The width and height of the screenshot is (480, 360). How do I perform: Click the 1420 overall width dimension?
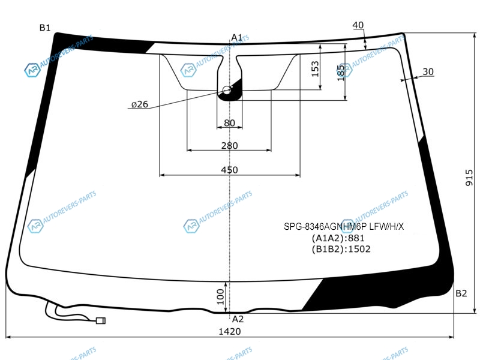click(230, 332)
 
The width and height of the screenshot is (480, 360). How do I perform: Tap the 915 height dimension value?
click(469, 178)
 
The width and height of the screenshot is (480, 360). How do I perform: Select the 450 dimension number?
click(229, 170)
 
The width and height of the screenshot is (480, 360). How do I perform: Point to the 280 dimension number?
click(229, 145)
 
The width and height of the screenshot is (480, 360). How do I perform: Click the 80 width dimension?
click(229, 123)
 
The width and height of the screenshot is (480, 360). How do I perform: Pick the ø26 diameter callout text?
click(140, 104)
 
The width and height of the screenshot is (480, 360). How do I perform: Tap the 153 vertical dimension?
click(315, 69)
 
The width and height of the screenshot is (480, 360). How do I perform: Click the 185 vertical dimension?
click(341, 73)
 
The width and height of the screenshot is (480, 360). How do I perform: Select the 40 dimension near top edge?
click(358, 25)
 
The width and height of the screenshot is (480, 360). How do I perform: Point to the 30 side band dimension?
click(428, 71)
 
